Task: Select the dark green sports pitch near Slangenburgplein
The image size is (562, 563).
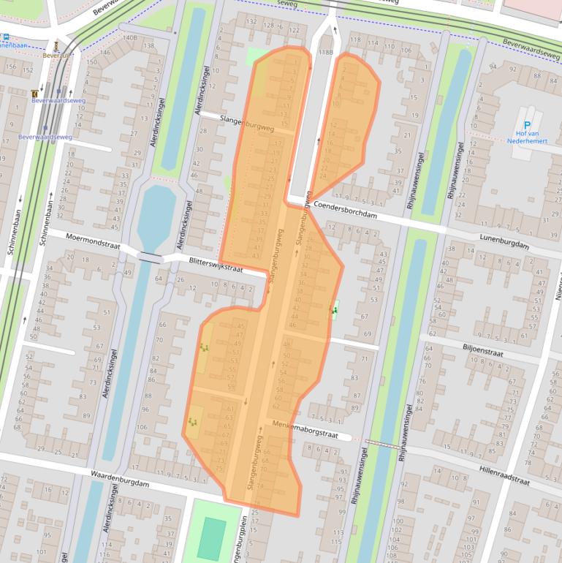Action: tap(211, 540)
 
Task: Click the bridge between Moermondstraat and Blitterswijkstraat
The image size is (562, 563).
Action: tap(149, 257)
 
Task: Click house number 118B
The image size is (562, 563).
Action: tap(324, 53)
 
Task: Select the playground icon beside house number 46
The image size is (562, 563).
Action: tap(335, 311)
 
